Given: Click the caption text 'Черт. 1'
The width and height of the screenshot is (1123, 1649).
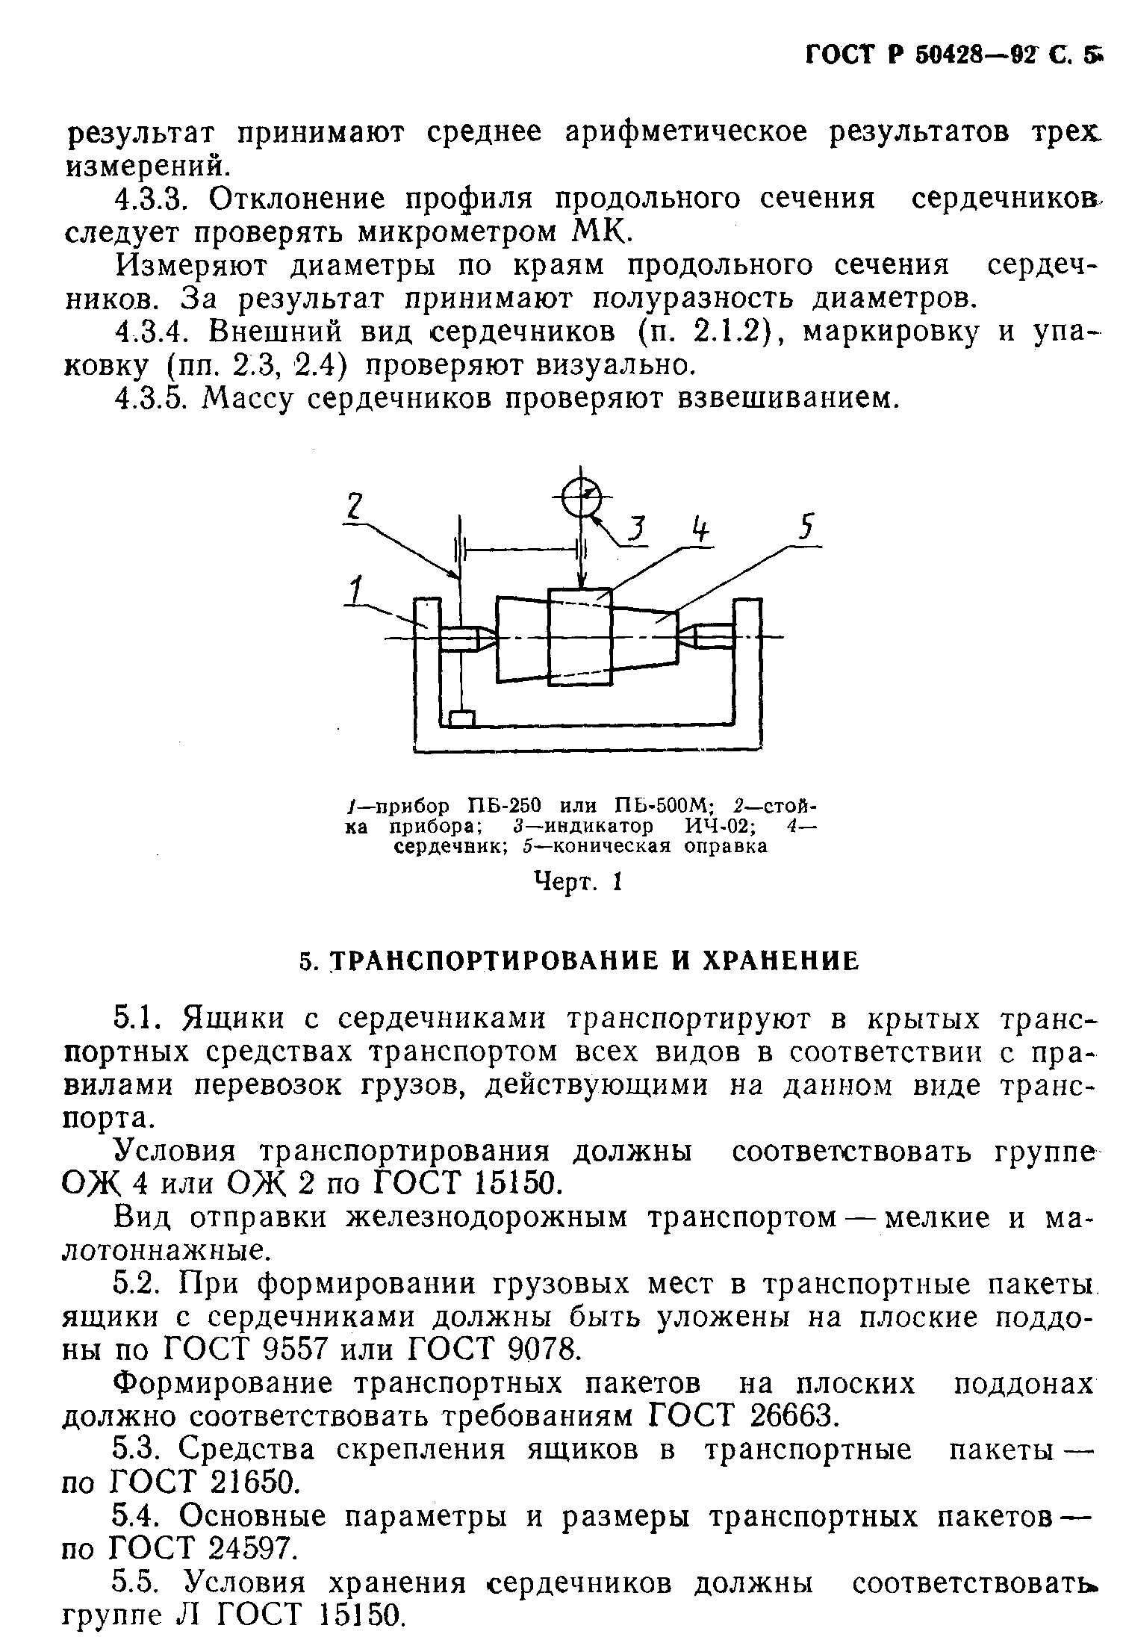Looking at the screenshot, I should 579,882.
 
